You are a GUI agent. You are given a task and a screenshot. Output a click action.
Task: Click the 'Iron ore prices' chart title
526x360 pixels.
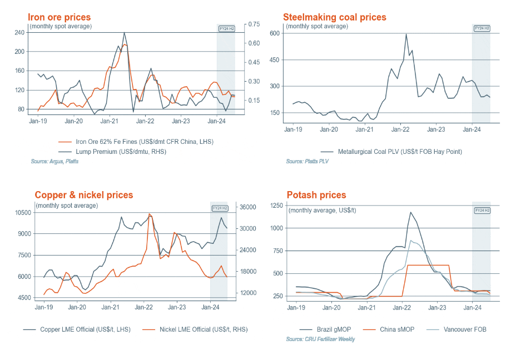(59, 17)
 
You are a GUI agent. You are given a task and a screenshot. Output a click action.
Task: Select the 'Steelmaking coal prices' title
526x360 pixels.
(335, 17)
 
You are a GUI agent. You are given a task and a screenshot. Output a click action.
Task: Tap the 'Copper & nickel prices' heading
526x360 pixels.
(84, 195)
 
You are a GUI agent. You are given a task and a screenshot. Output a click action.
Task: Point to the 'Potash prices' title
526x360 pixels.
(316, 195)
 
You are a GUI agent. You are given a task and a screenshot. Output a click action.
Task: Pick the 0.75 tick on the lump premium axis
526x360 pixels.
(254, 24)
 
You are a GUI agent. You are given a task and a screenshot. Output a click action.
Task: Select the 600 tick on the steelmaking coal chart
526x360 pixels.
(274, 33)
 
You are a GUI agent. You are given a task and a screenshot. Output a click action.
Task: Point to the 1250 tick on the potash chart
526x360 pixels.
(277, 206)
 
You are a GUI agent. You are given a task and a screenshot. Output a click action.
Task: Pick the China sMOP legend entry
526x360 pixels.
(396, 329)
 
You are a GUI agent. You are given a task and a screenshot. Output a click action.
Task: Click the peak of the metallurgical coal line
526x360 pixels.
(406, 34)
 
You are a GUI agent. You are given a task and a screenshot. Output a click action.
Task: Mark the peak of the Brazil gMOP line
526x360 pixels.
(410, 212)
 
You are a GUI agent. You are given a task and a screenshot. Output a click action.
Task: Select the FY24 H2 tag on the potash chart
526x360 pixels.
(482, 211)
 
